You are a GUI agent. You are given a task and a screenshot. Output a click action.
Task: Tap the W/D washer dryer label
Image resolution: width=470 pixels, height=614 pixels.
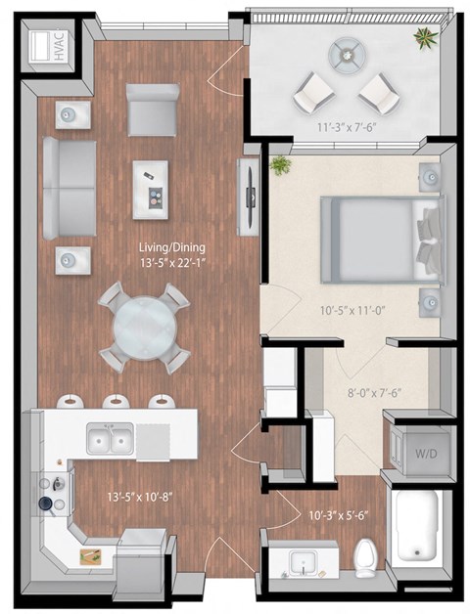pyautogui.click(x=424, y=454)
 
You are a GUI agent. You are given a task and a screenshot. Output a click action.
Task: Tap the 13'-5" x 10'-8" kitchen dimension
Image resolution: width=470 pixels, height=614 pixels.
pyautogui.click(x=139, y=496)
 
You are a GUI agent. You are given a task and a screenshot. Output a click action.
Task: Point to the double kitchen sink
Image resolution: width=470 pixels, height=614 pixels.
pyautogui.click(x=110, y=439)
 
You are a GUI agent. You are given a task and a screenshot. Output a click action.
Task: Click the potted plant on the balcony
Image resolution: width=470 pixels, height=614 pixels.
pyautogui.click(x=425, y=40)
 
